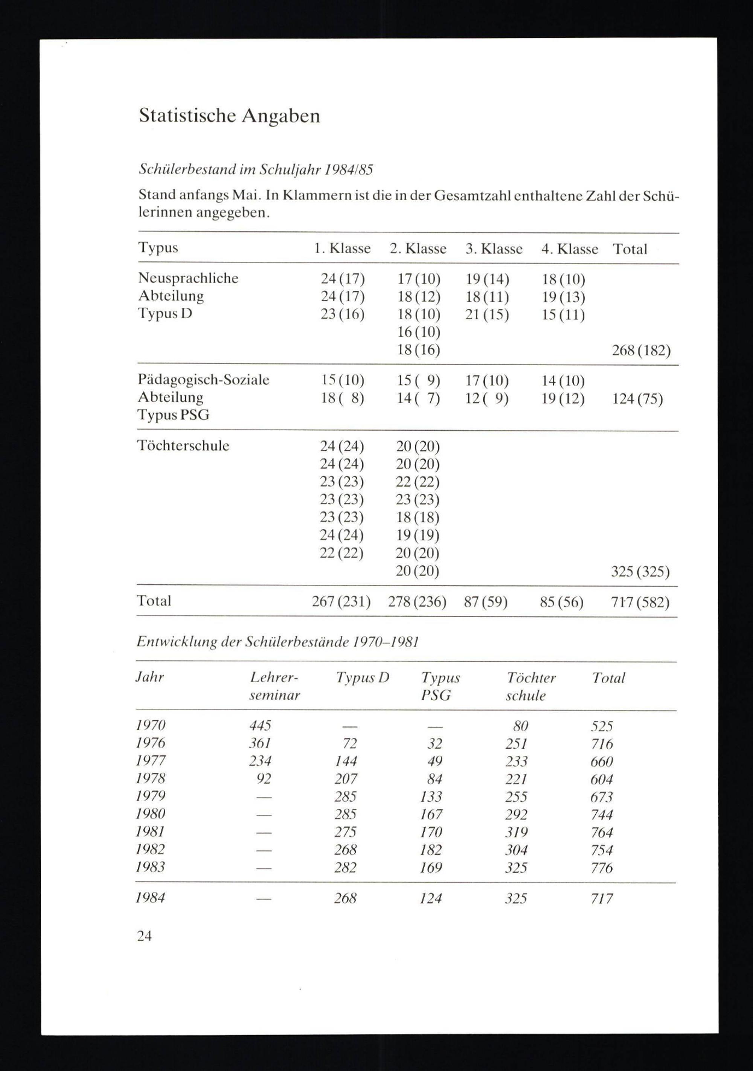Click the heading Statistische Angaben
point(229,116)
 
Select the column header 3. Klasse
point(494,249)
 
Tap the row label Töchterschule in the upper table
point(183,445)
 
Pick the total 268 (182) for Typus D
point(641,350)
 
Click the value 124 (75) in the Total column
point(637,399)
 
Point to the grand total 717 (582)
point(640,603)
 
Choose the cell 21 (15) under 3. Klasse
point(487,315)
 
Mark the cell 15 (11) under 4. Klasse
point(563,315)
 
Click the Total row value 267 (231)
point(341,602)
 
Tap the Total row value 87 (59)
point(485,602)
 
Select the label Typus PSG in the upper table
point(174,415)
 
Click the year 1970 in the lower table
point(151,725)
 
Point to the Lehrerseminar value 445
point(260,725)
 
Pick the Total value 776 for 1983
point(602,868)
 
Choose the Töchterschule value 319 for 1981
point(516,832)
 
